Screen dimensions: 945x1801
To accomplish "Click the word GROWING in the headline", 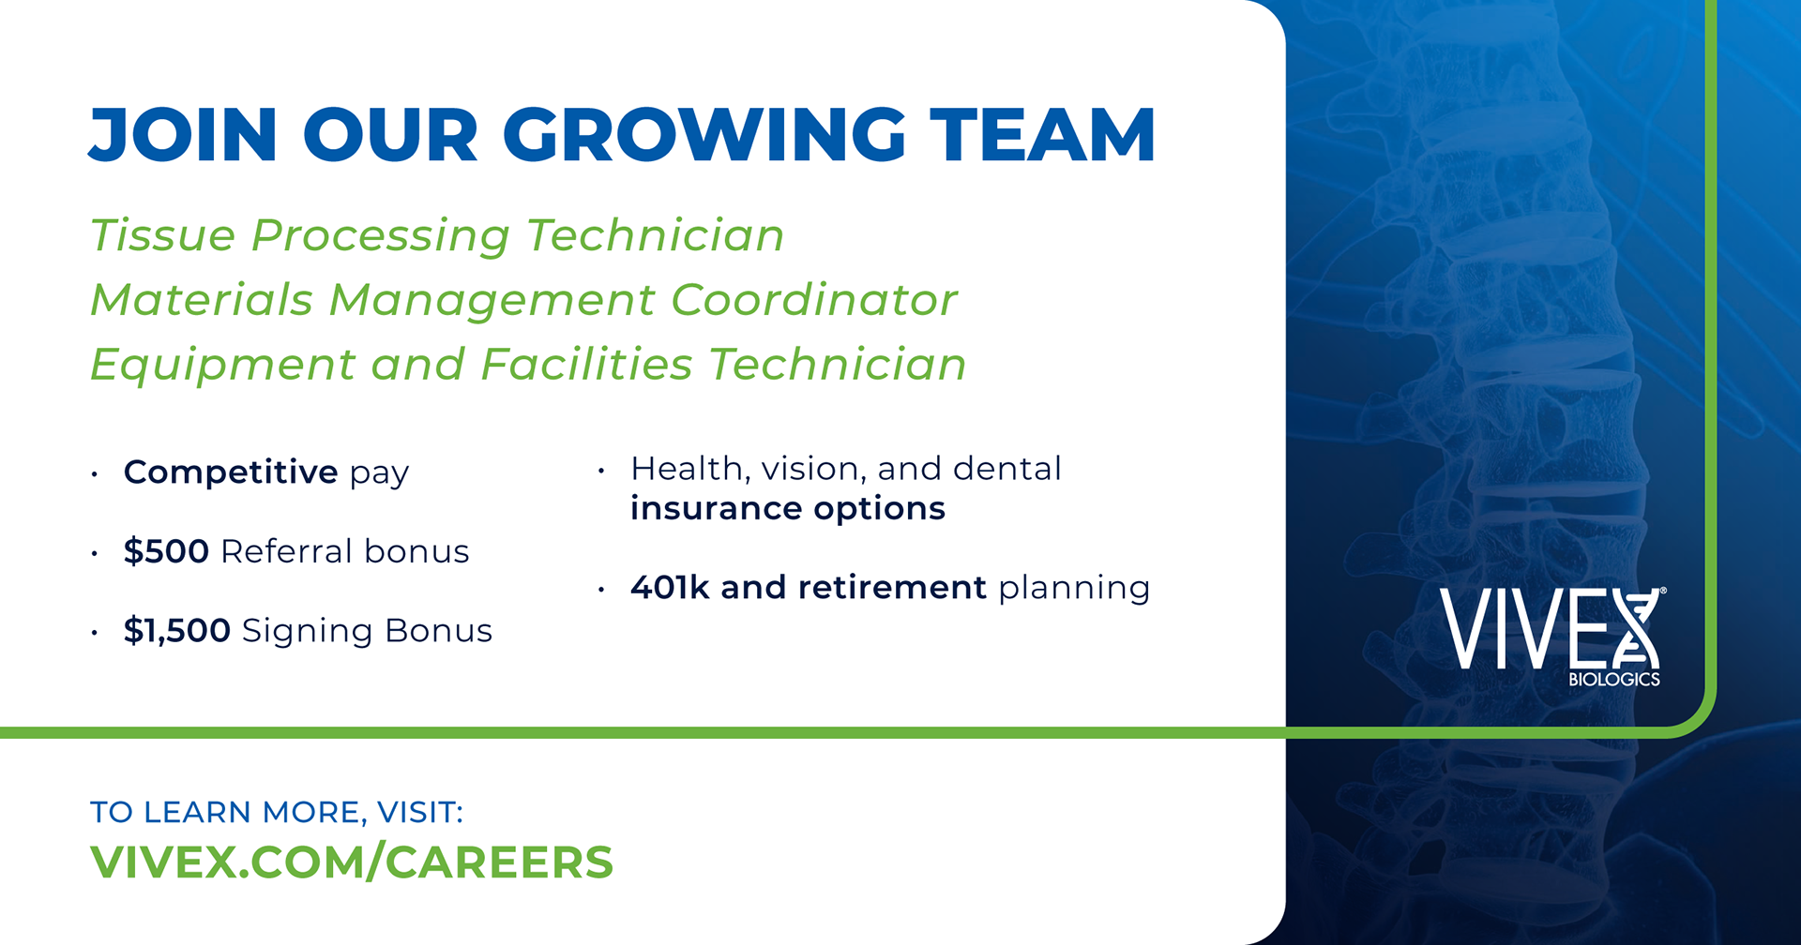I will click(704, 135).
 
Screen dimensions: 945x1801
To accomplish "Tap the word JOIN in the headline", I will click(183, 135).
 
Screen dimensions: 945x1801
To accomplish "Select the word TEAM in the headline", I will click(1042, 135).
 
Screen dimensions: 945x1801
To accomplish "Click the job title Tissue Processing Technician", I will click(437, 235).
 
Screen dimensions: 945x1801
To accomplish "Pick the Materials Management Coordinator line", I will click(523, 300).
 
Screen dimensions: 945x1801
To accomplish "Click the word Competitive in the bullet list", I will click(230, 472).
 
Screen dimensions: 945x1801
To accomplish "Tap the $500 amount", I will click(166, 551).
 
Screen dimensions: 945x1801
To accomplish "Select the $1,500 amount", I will click(176, 631).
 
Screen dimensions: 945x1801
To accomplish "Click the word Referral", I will click(286, 551).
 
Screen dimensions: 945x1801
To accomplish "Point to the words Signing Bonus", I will click(367, 631).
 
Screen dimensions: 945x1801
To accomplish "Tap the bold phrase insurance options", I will click(787, 509).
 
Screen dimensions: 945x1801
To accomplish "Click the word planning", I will click(1074, 589).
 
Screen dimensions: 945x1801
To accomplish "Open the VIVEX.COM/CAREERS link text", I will click(351, 862).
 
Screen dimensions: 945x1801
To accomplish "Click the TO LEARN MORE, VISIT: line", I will click(276, 812).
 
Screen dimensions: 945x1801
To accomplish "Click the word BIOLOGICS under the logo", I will click(1613, 680).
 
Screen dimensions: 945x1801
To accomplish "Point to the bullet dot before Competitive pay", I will click(95, 475).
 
